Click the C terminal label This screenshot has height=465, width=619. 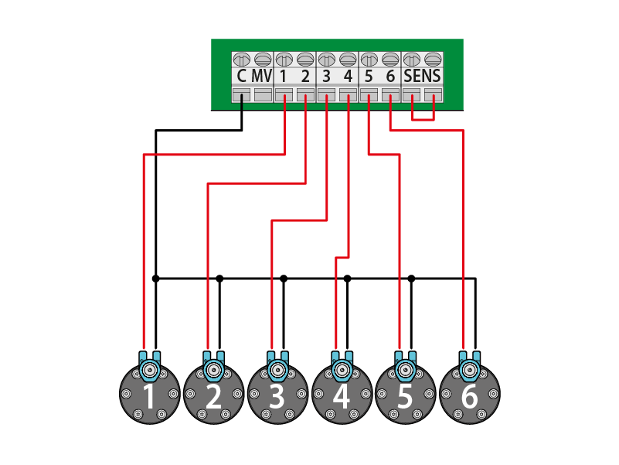pos(241,77)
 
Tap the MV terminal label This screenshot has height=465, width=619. pos(262,77)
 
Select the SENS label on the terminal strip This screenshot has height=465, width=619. pos(423,77)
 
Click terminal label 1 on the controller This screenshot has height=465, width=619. pos(284,77)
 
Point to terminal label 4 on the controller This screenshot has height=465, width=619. pos(348,77)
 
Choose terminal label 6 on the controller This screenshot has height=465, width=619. pos(390,77)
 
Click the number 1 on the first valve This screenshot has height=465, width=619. pos(150,398)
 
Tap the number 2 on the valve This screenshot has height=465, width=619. pos(214,398)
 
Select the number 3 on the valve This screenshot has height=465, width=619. pos(277,398)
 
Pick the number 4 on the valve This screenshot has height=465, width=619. pos(342,398)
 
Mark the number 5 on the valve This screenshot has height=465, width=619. pos(405,398)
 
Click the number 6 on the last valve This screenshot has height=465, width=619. pos(469,398)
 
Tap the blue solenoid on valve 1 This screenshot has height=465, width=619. pos(150,367)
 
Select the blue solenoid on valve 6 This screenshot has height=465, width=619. pos(469,367)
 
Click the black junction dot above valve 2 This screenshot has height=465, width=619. pos(219,278)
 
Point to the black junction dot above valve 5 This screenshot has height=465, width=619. pos(411,278)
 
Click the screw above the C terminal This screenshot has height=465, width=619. pos(241,59)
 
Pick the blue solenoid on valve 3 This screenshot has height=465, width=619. pos(277,367)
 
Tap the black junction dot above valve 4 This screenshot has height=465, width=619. pos(347,278)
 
